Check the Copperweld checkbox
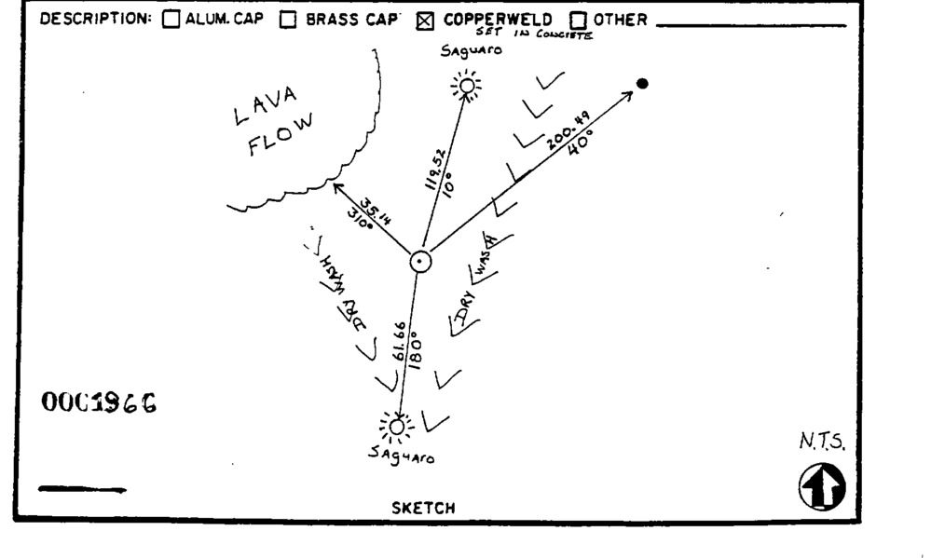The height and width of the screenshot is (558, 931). pos(428,20)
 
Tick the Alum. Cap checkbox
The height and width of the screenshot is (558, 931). pos(171,20)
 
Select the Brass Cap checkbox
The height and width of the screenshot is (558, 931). pos(289,20)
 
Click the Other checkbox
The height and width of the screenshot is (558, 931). pos(578,20)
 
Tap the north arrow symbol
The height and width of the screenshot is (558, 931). pos(821,487)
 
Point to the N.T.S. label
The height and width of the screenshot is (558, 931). pos(821,444)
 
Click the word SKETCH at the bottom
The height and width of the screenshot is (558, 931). pos(423,508)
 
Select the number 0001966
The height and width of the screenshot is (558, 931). pos(98,402)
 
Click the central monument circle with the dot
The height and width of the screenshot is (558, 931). pos(421,262)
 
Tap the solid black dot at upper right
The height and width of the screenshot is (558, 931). pos(642,84)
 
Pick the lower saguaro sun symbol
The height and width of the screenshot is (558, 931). pos(398,427)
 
